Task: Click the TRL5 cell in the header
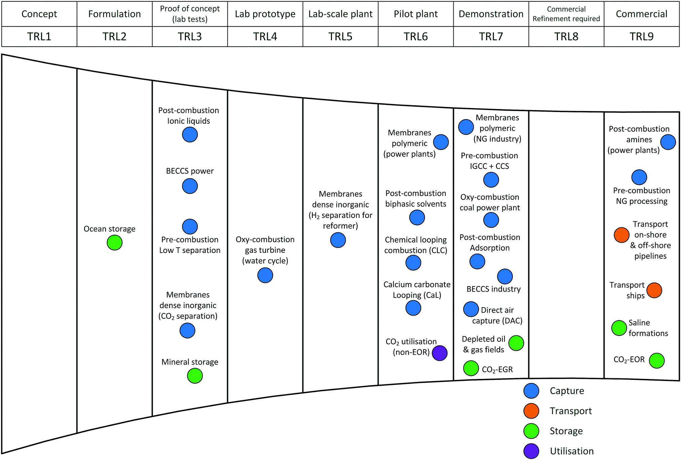(x=340, y=36)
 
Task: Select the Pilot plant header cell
(x=416, y=14)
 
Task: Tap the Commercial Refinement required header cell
(x=566, y=14)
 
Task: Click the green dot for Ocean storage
(x=115, y=243)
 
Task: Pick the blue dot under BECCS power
(x=190, y=186)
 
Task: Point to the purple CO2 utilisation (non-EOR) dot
(x=440, y=353)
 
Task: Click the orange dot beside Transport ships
(x=654, y=290)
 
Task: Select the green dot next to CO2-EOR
(x=657, y=361)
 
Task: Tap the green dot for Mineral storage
(x=195, y=376)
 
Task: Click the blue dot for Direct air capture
(x=471, y=309)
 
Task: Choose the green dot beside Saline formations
(x=619, y=328)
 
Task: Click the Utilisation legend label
(x=572, y=451)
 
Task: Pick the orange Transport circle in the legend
(x=531, y=411)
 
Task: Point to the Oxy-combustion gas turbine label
(x=265, y=250)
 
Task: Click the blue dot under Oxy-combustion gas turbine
(x=265, y=275)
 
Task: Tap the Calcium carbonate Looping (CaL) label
(x=417, y=290)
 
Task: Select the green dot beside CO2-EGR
(x=471, y=368)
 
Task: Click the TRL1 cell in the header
(x=39, y=36)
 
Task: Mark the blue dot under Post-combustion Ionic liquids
(x=190, y=135)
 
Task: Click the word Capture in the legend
(x=567, y=391)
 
